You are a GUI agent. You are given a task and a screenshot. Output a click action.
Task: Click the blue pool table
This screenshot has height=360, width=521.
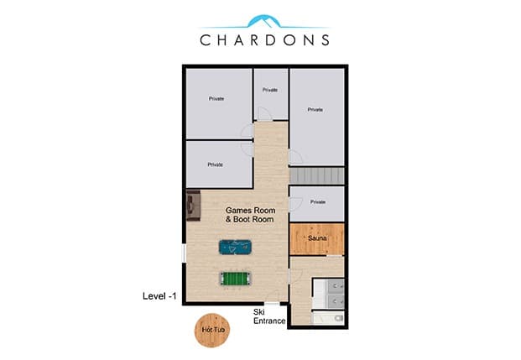pos(235,247)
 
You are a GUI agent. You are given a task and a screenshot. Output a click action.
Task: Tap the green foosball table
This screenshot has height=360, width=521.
pos(235,279)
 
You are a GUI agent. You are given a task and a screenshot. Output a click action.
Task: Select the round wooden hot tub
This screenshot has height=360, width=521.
pos(212,330)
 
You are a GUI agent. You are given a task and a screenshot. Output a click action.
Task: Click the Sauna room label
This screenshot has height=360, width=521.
pos(317,238)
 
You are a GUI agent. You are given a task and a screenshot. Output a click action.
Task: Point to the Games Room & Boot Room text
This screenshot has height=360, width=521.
pos(250,215)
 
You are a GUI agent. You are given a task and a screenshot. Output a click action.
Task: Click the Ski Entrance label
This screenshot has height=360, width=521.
pos(269,316)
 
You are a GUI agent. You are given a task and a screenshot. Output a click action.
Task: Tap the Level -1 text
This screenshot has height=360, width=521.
pos(159,296)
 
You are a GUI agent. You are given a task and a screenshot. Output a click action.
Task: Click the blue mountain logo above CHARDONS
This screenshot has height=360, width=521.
pos(264,21)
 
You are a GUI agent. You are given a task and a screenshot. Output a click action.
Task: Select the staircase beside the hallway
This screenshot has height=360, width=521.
pos(317,175)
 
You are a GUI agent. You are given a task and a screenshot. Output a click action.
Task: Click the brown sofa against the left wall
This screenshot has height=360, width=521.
pos(193,206)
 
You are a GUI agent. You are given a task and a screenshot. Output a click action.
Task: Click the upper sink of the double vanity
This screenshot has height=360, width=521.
pos(336,286)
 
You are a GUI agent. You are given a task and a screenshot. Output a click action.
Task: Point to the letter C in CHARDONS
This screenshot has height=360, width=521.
pos(206,40)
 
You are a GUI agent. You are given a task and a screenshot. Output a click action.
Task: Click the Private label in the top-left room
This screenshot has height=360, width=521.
pos(216,98)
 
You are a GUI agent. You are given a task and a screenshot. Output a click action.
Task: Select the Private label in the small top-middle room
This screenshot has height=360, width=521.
pos(270,90)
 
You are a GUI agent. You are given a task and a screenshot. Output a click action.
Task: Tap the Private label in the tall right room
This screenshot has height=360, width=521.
pos(315,109)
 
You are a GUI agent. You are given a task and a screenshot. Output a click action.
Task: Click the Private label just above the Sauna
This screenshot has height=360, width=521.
pos(318,201)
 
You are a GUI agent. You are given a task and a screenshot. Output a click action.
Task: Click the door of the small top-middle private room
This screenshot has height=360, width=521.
pos(265,114)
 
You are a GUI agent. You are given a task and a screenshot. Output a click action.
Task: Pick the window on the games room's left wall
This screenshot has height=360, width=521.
pos(184,253)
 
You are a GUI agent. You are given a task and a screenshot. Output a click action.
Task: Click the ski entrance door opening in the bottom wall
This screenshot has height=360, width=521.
pos(272,304)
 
